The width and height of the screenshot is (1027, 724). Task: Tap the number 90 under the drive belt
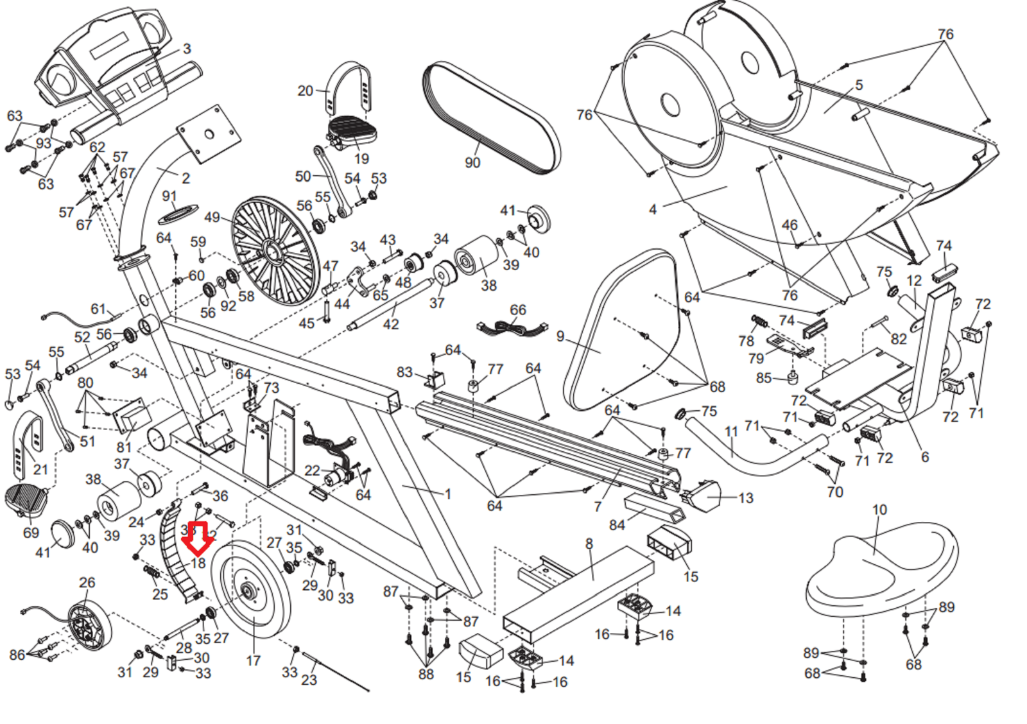472,163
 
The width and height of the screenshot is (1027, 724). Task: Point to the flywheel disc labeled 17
251,590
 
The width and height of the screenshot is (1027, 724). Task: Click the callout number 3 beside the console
187,49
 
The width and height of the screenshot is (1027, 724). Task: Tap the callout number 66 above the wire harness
518,310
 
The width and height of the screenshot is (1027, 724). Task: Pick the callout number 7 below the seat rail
598,507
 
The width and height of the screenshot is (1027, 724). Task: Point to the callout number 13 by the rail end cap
746,498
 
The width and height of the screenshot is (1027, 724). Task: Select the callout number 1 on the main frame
448,494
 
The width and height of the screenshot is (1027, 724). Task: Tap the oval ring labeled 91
178,213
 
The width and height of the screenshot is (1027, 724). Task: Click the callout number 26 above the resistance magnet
87,583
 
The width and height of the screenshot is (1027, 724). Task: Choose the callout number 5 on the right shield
859,85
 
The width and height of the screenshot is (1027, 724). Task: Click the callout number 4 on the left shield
653,209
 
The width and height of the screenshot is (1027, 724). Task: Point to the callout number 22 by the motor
312,470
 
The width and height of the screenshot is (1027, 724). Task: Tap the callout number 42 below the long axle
391,325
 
